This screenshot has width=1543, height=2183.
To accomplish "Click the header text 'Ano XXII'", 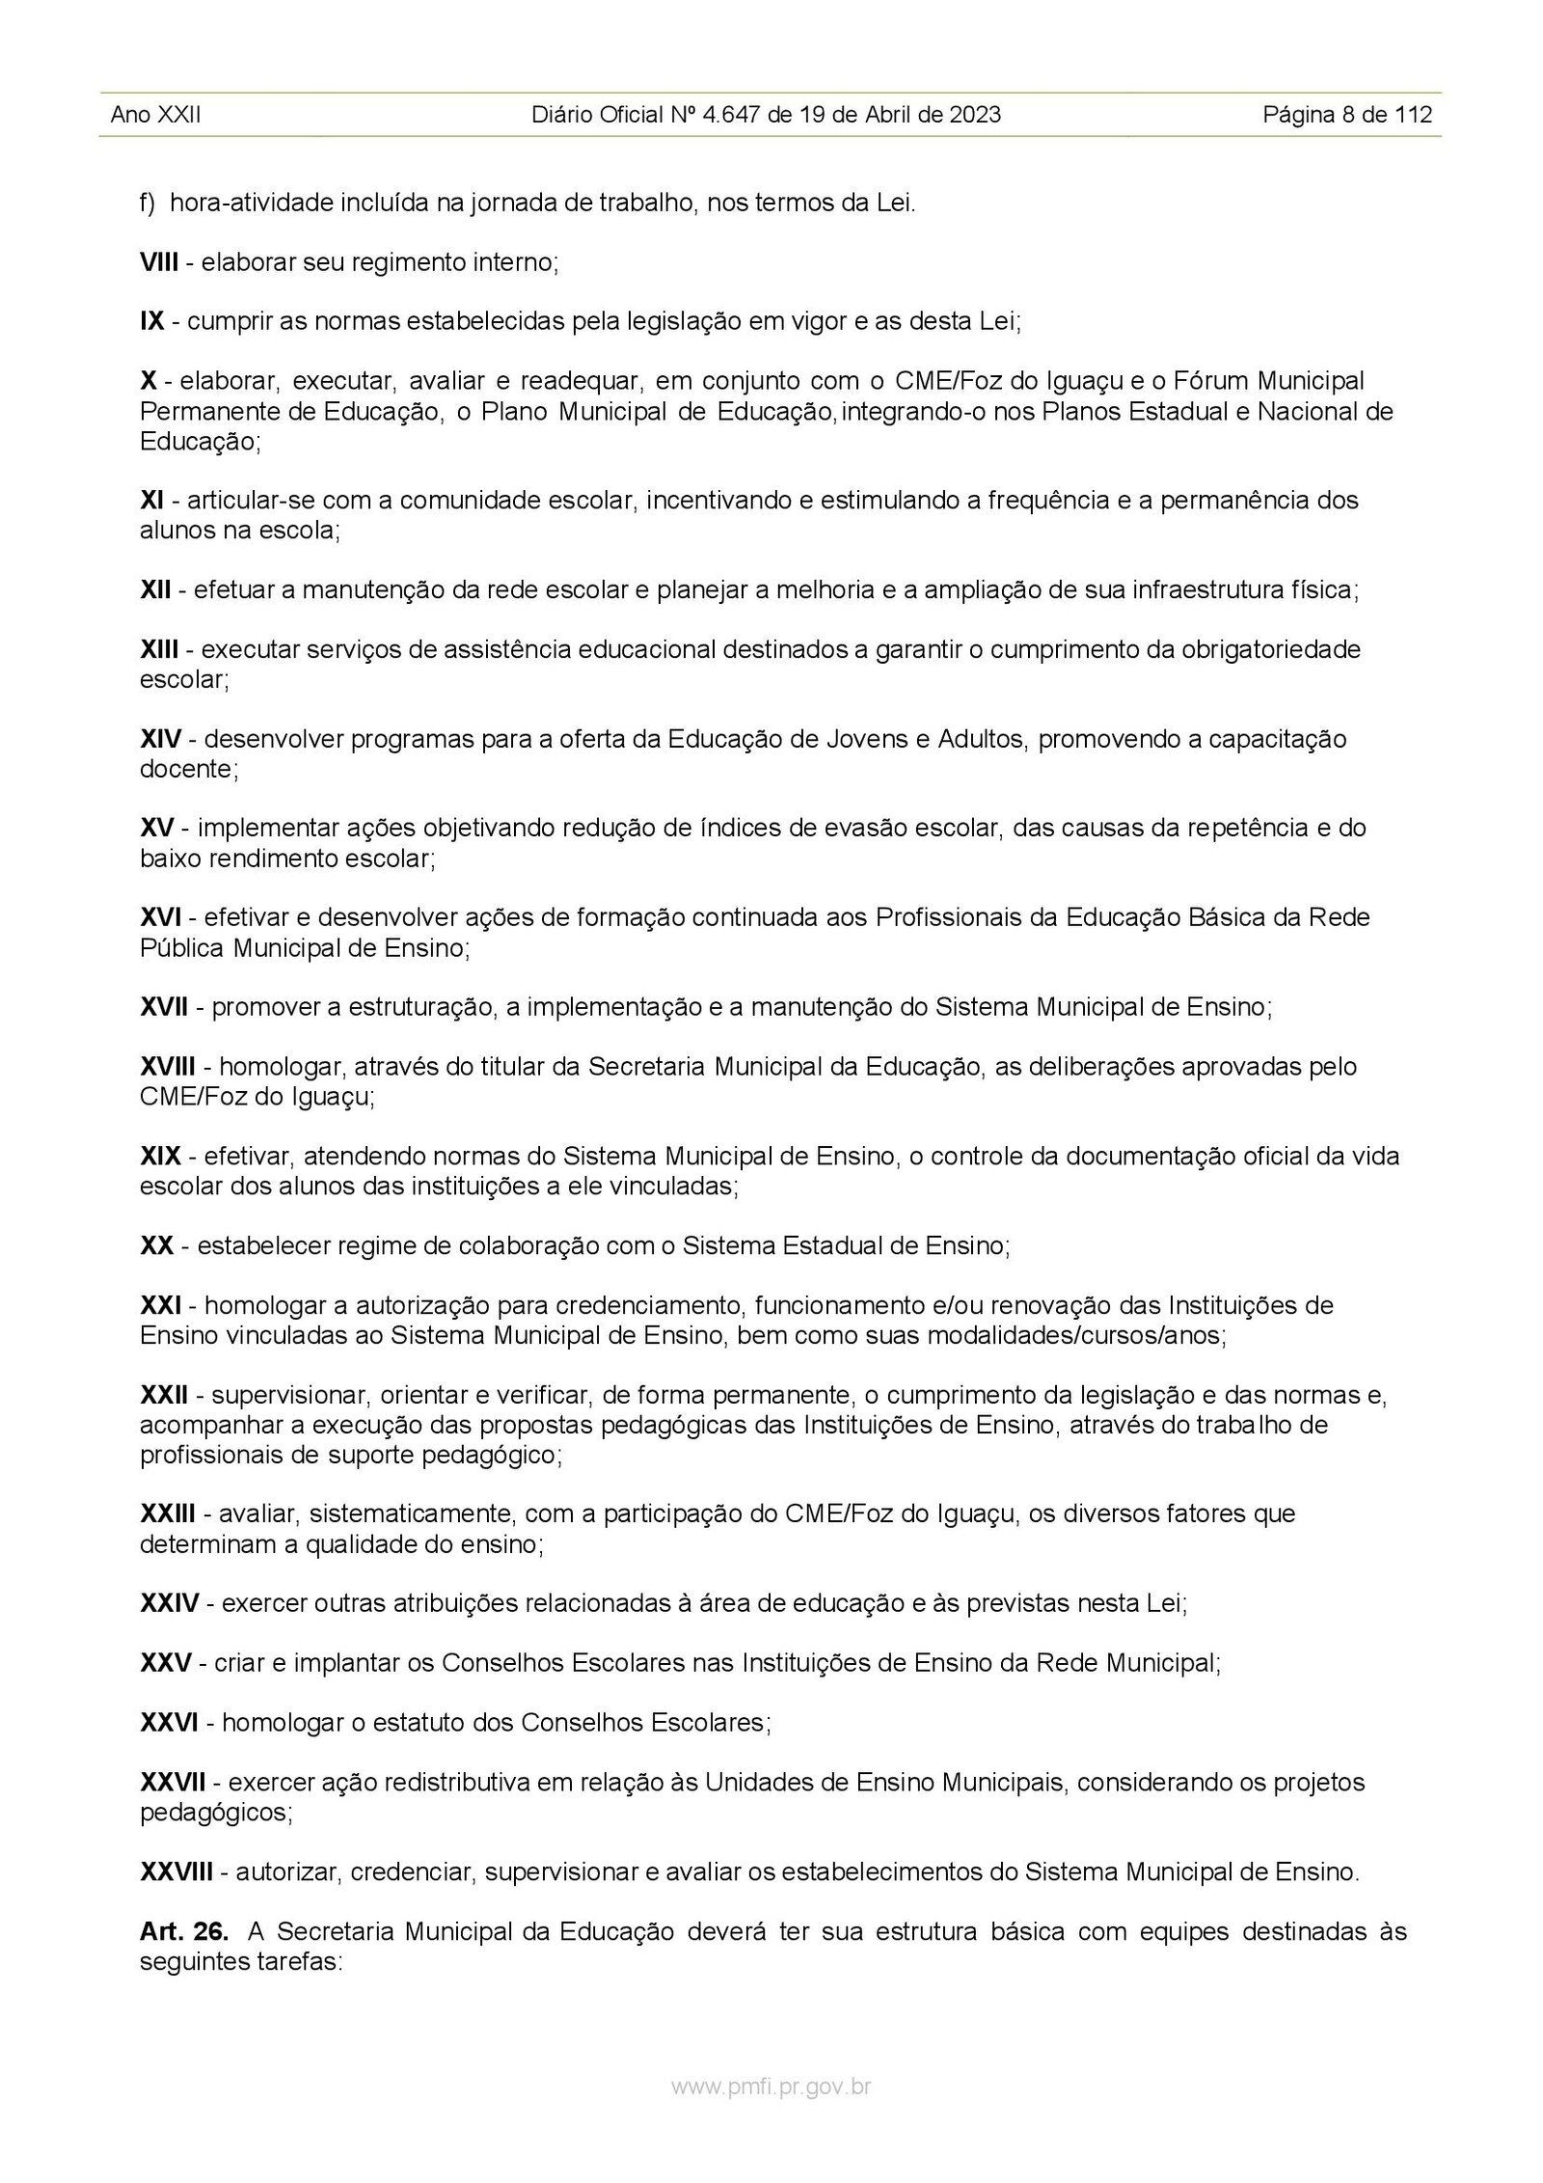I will click(x=155, y=116).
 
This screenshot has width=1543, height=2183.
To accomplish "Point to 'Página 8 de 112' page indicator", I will click(x=1347, y=116).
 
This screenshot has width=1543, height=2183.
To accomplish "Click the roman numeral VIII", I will click(x=159, y=262).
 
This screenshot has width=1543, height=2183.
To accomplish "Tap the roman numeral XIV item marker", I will click(x=161, y=740).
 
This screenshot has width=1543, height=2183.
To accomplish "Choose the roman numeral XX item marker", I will click(x=157, y=1245).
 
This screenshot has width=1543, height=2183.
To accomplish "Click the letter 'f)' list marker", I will click(x=149, y=204).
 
